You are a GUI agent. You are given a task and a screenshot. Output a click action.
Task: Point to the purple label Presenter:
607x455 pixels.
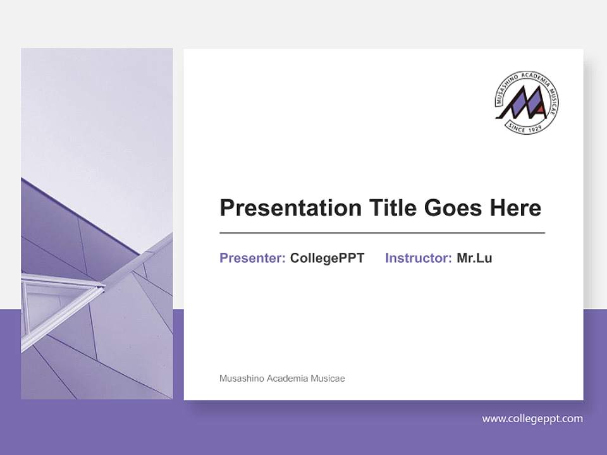252,258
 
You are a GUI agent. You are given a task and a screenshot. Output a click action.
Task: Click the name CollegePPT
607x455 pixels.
327,258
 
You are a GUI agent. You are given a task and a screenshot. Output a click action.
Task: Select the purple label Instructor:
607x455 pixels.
418,258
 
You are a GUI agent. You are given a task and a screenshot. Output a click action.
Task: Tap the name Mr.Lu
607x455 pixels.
474,258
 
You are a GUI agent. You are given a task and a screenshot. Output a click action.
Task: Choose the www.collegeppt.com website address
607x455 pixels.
532,418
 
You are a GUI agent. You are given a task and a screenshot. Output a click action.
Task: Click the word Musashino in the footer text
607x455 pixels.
242,379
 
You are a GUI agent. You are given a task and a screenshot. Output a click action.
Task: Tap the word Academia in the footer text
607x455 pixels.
287,379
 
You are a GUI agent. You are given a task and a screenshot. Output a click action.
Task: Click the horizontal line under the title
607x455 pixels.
382,233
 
